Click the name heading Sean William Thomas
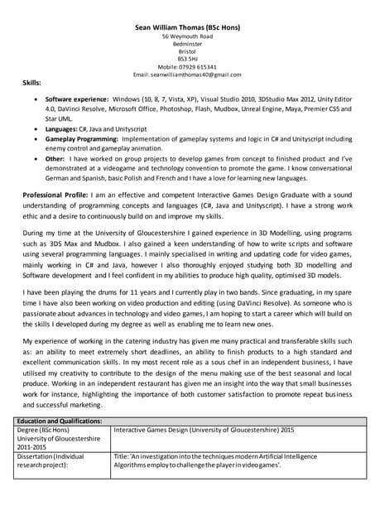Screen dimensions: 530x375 187,27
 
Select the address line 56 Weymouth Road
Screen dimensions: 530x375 187,37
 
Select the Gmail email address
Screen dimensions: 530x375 199,75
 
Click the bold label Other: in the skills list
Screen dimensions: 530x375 55,157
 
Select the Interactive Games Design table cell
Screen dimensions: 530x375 203,431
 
